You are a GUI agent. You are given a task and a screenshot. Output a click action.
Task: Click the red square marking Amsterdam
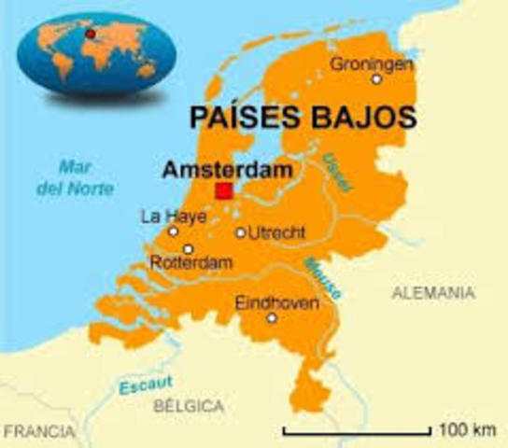point(223,191)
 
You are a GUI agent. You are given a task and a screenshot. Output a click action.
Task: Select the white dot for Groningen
point(376,79)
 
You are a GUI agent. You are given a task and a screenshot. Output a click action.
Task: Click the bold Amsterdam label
point(226,170)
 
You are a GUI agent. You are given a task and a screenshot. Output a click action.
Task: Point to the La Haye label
point(165,216)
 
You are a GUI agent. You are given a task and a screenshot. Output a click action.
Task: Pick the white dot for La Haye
point(173,231)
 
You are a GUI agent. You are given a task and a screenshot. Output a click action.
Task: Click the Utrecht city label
point(278,231)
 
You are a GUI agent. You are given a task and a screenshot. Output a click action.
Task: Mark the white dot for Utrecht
point(241,232)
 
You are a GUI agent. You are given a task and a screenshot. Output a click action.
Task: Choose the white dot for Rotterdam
point(188,249)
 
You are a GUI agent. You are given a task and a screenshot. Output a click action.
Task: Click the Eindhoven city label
point(277,302)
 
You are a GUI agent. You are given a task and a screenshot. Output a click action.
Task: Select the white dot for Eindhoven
point(272,318)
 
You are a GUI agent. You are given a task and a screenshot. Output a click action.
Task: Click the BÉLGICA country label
point(190,406)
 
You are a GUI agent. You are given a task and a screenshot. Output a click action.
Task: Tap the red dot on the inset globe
point(91,34)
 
